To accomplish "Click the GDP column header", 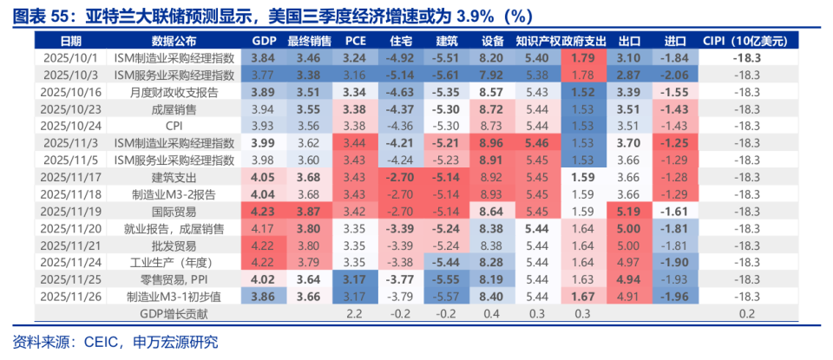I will coord(264,41).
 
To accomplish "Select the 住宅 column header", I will coord(400,41).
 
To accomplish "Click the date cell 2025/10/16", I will coord(71,91).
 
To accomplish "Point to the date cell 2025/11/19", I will coord(71,211).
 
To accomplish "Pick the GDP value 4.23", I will coord(264,211).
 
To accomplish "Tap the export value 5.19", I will coord(628,211).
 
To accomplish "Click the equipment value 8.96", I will coord(491,142).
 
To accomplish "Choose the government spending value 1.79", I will coord(583,57).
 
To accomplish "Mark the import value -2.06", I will coord(674,75).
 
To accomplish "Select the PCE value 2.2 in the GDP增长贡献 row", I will coord(354,313).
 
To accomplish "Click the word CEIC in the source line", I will coord(105,342).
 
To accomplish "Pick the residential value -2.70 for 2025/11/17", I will coord(400,177).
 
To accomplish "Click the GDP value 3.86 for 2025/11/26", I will coord(264,296).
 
